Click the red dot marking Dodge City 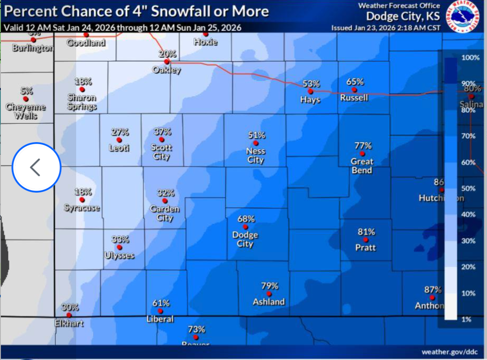click(x=245, y=227)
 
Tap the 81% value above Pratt click(x=366, y=232)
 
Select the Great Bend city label click(x=362, y=166)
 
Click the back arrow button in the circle click(x=36, y=167)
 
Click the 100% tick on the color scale click(x=471, y=58)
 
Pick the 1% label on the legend click(x=467, y=319)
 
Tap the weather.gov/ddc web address click(x=450, y=351)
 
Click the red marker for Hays click(x=310, y=91)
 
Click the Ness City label click(x=256, y=155)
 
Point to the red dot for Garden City click(x=165, y=201)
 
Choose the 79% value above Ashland click(x=270, y=285)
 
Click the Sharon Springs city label click(x=82, y=102)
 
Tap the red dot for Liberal click(x=160, y=311)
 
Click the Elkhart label click(x=69, y=323)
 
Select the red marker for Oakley click(x=167, y=62)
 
